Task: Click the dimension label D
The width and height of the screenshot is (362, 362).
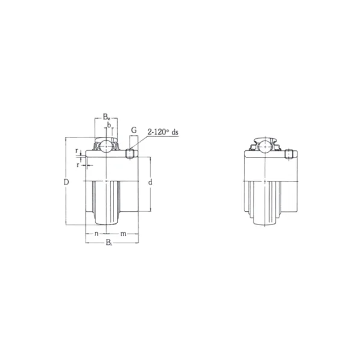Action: click(66, 182)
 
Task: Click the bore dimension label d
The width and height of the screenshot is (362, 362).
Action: click(149, 182)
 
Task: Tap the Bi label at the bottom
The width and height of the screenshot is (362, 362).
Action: click(109, 243)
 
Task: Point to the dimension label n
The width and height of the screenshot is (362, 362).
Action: click(97, 233)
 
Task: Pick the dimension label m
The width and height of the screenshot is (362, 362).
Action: click(122, 233)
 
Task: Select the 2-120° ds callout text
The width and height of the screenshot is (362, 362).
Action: click(160, 131)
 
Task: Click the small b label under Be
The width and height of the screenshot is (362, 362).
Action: click(109, 125)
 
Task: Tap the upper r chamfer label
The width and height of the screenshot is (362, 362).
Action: click(77, 151)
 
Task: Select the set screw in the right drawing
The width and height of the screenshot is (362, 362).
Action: click(289, 154)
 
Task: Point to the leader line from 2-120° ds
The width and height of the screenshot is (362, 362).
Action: click(139, 145)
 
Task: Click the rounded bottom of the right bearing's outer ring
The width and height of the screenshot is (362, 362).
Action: click(264, 222)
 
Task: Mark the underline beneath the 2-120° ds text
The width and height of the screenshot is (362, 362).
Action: click(163, 136)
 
